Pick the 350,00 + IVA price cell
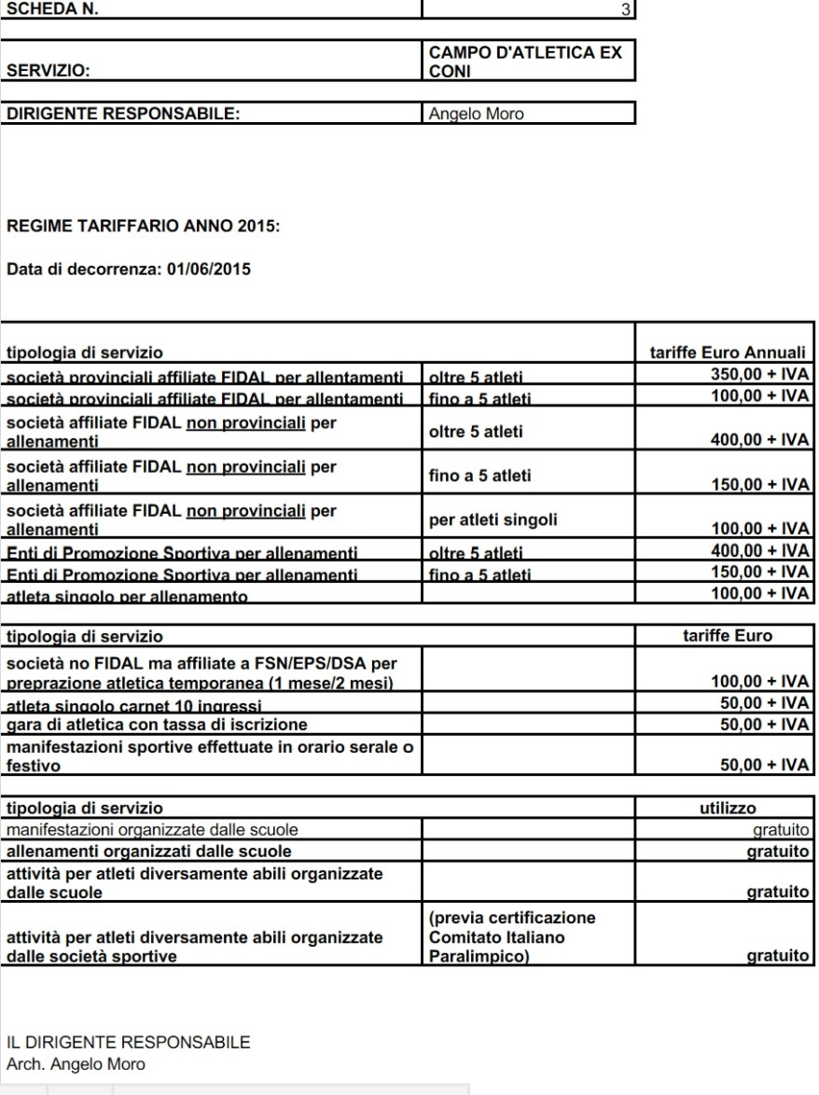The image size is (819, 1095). click(757, 375)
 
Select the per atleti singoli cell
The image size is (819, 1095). click(493, 521)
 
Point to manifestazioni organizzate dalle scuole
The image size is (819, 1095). click(153, 828)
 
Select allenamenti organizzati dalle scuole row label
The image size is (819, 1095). click(149, 851)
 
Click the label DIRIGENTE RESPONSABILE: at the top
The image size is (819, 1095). click(124, 115)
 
